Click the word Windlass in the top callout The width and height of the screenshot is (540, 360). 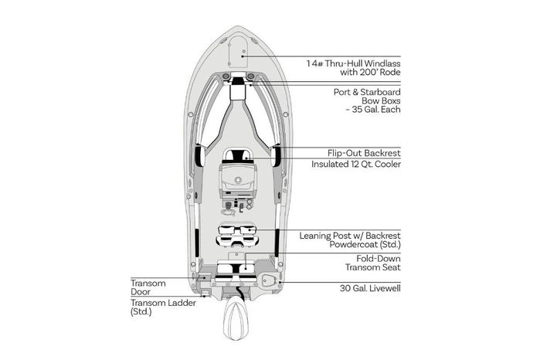[382, 63]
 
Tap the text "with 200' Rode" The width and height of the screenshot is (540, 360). [370, 73]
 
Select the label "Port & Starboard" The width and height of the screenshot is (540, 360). [367, 93]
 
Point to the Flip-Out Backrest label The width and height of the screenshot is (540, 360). [364, 153]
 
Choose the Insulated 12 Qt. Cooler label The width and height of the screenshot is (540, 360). [356, 164]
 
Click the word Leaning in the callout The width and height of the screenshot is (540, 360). [315, 236]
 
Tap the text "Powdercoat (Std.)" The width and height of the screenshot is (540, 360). [365, 245]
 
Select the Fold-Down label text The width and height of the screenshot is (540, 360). [379, 259]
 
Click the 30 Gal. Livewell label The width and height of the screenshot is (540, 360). [370, 288]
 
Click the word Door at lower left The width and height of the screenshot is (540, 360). [141, 292]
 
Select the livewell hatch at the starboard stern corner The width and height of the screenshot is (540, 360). [268, 280]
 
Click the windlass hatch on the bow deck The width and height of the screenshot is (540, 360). [238, 51]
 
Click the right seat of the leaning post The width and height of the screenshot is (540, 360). [247, 229]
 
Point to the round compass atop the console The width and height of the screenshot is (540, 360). [238, 180]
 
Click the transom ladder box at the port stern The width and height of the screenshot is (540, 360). [206, 293]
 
